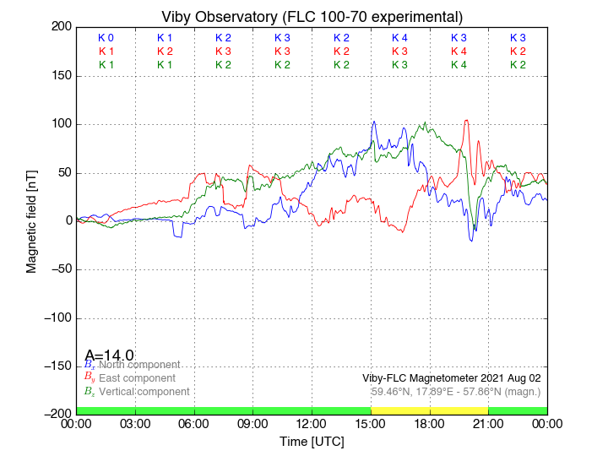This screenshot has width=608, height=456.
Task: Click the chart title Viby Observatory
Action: [x=312, y=17]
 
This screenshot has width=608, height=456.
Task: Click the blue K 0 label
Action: [x=106, y=38]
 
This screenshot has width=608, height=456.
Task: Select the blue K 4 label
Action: [x=399, y=38]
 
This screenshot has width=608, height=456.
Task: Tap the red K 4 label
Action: [x=459, y=52]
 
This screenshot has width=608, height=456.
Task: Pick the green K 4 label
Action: [x=459, y=65]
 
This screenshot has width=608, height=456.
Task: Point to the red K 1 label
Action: [x=106, y=52]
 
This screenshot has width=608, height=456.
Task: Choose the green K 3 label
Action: [x=399, y=65]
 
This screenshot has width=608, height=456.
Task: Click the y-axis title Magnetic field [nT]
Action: [x=31, y=220]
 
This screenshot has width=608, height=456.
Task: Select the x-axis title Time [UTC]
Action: [x=312, y=442]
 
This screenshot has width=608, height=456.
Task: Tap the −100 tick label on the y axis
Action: [x=53, y=318]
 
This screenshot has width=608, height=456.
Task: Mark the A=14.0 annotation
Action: [x=109, y=356]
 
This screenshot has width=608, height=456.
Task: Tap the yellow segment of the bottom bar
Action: [x=429, y=410]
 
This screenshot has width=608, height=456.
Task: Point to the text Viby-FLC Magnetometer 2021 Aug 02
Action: [x=451, y=378]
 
